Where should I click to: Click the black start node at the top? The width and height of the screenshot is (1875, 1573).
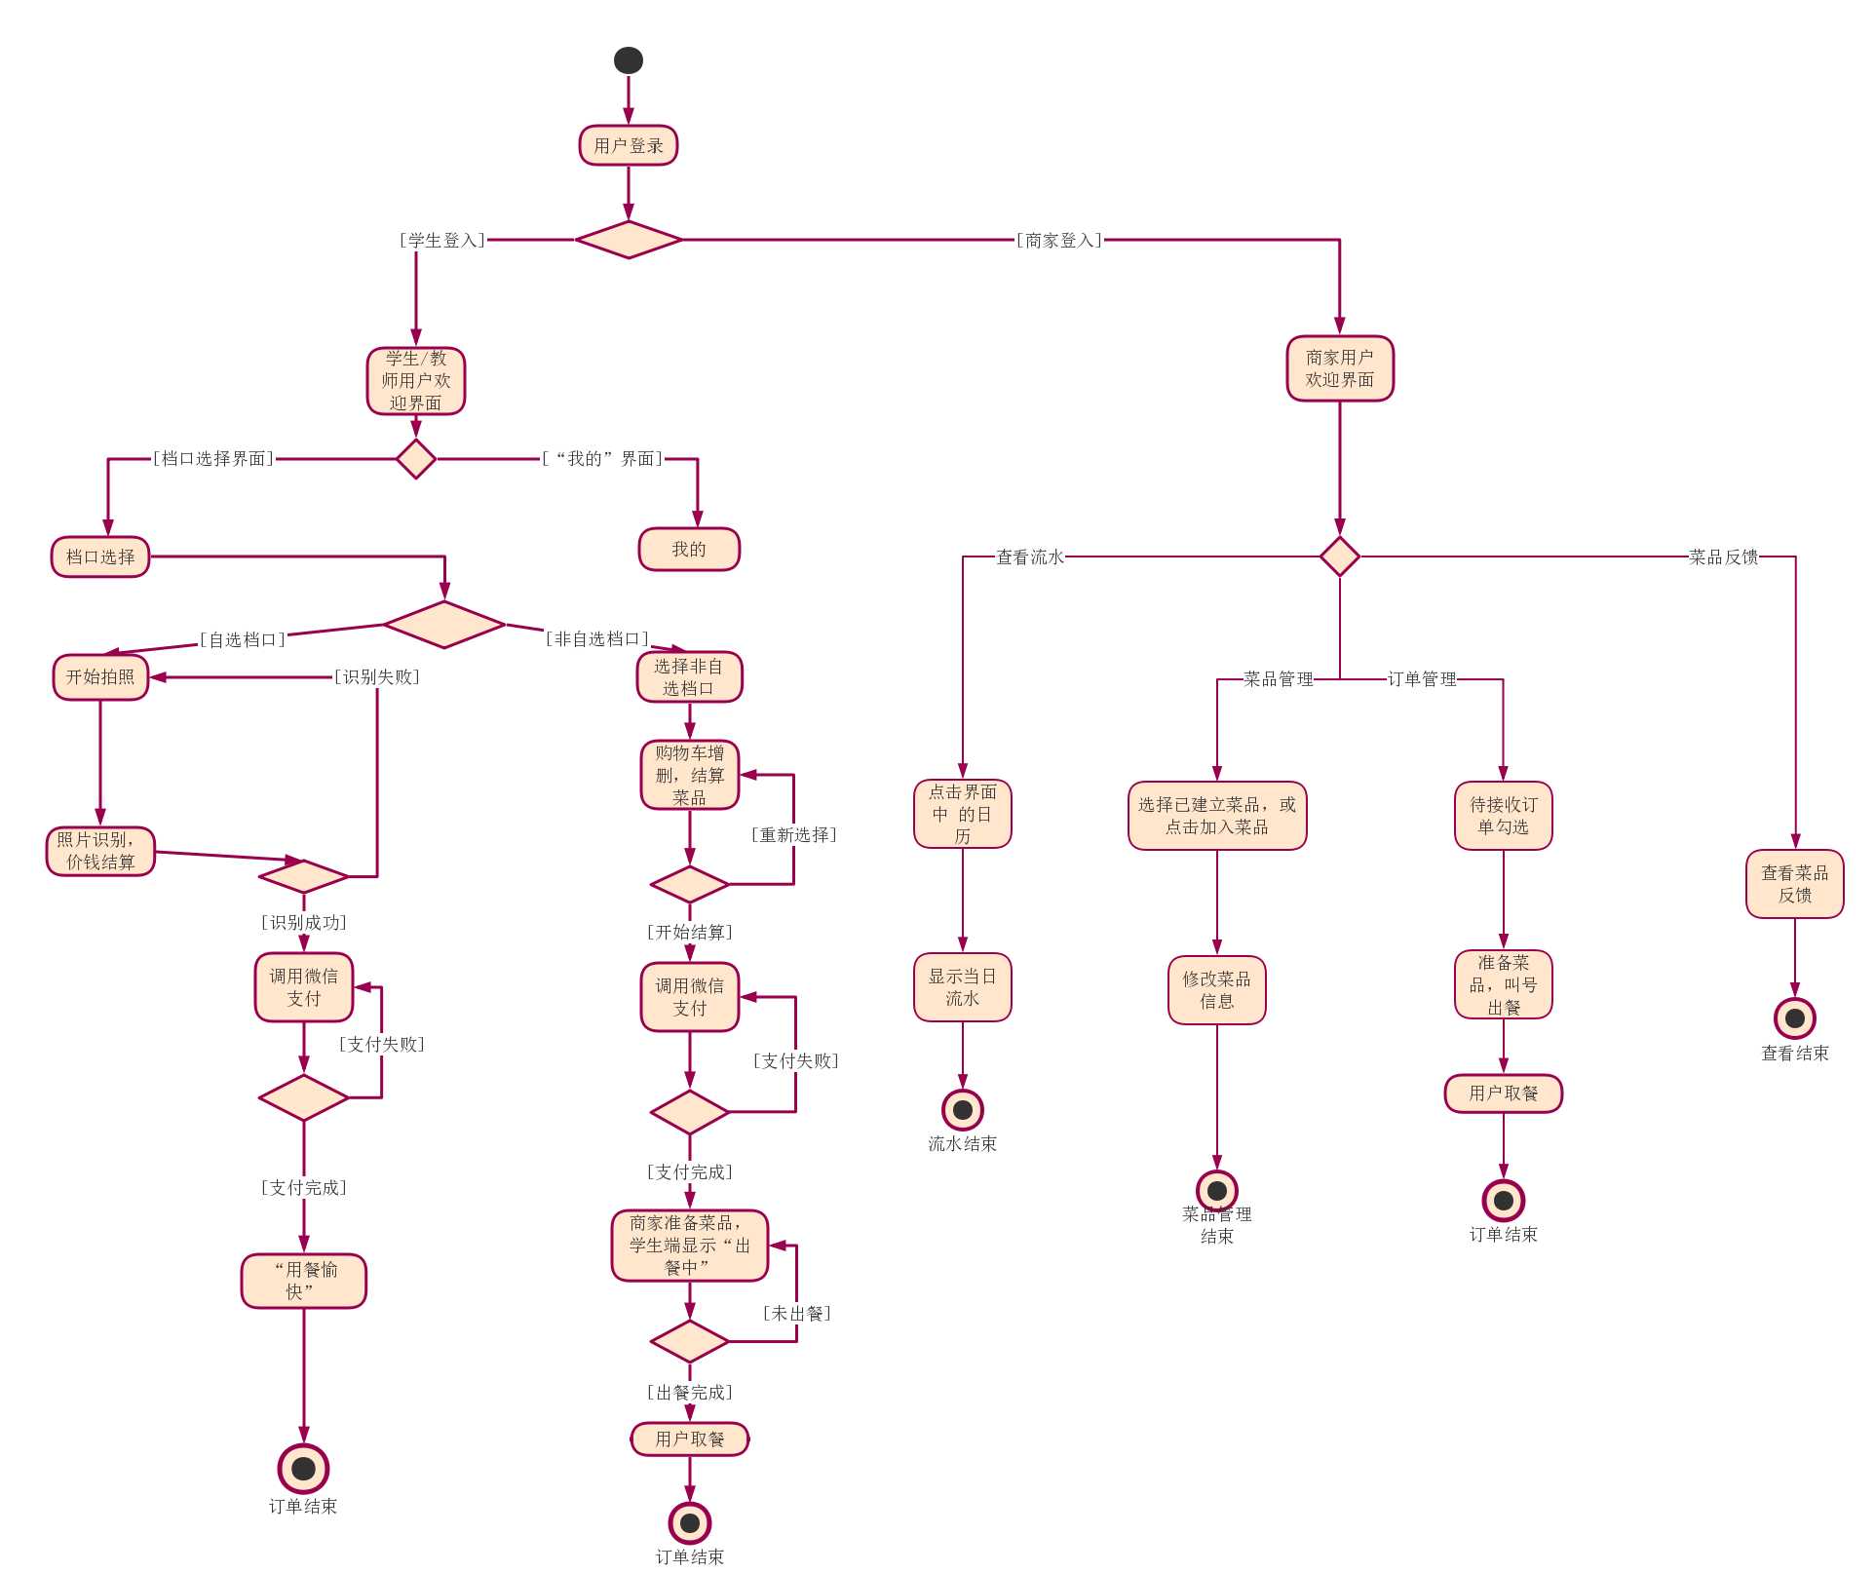(628, 60)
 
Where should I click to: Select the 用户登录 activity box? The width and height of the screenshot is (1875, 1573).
(628, 145)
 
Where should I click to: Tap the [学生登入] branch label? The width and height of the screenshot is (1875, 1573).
(441, 240)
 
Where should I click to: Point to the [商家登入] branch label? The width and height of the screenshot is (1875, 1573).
(1058, 240)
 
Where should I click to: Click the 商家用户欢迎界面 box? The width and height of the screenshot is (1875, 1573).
(1339, 368)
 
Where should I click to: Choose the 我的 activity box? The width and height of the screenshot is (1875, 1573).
(688, 550)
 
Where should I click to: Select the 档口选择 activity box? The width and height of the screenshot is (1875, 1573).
(100, 556)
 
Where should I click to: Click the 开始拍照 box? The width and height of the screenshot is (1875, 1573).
(100, 676)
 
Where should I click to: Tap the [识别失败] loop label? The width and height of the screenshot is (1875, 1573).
(376, 676)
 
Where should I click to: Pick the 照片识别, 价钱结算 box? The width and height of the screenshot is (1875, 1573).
(100, 851)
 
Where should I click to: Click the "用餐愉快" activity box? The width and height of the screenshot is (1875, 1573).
(303, 1281)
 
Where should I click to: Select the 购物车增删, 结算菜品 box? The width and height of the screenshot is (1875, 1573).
(689, 775)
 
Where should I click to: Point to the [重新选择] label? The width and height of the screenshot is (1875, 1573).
(793, 834)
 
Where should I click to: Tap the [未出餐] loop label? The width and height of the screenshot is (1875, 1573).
(796, 1313)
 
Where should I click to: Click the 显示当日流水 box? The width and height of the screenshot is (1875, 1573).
(962, 987)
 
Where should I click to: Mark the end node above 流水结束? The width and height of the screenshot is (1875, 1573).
(962, 1109)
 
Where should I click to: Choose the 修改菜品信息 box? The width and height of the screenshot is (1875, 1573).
(1216, 989)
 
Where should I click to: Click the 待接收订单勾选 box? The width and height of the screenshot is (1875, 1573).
(1503, 816)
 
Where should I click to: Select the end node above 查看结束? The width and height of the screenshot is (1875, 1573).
(1794, 1018)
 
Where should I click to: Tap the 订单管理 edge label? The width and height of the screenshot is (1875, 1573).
(1422, 678)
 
